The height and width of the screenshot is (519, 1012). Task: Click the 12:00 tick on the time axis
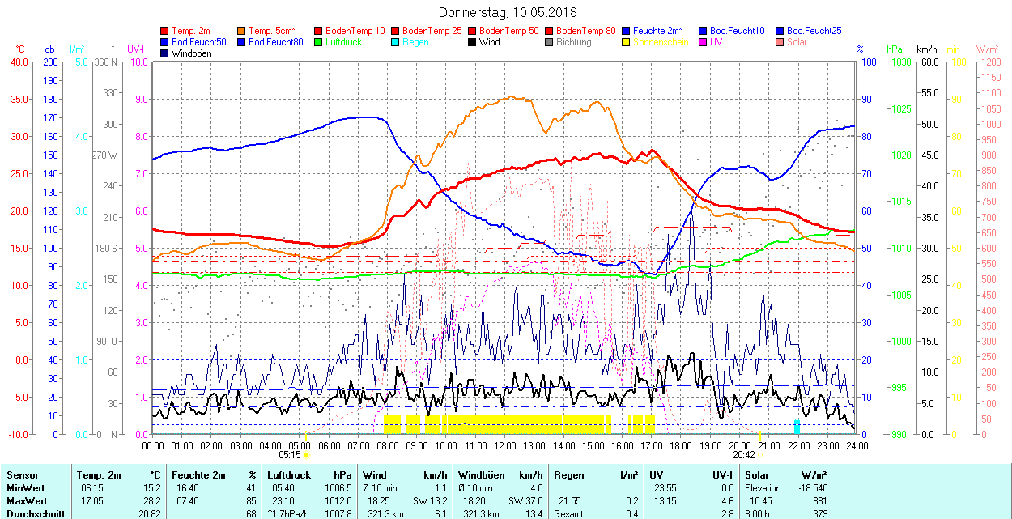504,446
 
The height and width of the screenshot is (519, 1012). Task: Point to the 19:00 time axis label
710,446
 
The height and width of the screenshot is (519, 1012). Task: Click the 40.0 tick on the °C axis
17,62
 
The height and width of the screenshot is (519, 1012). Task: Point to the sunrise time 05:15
289,455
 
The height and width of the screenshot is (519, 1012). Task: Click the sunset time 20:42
744,455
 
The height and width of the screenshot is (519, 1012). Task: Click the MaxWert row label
26,500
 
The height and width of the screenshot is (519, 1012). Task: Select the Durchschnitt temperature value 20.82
150,513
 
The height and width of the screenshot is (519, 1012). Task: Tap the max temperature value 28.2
152,500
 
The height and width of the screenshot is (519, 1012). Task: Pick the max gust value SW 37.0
525,500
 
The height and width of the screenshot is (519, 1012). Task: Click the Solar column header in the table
757,475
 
